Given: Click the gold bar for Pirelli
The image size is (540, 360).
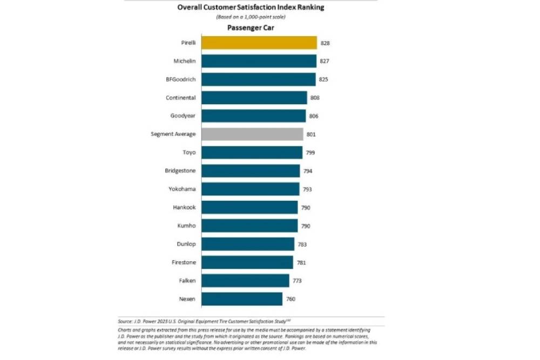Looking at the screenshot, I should [x=259, y=43].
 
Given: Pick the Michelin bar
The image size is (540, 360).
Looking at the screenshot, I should [x=259, y=61].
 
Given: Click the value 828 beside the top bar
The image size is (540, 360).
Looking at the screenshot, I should [x=325, y=43].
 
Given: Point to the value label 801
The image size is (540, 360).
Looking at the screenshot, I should [x=311, y=134].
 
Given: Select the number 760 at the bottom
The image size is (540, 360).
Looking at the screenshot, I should [x=291, y=299].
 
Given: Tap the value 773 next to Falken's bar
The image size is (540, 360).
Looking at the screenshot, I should [x=297, y=281].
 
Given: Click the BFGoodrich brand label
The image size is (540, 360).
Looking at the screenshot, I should [x=181, y=79].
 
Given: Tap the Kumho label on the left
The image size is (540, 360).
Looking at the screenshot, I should [x=186, y=226].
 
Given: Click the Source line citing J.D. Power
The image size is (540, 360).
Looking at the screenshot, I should [x=208, y=321].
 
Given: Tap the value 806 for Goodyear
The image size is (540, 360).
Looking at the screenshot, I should [x=314, y=116].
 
